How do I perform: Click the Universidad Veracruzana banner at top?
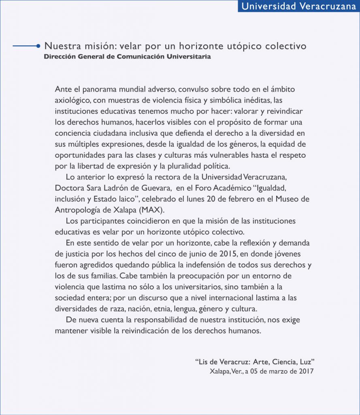click(298, 6)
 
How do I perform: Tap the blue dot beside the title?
click(38, 46)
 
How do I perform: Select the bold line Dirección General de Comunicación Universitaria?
click(127, 57)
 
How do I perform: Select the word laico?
click(124, 199)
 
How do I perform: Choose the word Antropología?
click(76, 210)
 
